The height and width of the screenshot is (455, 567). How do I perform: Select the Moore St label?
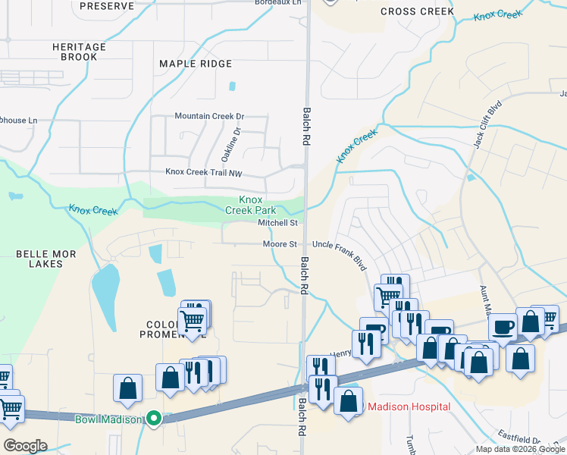pyautogui.click(x=280, y=244)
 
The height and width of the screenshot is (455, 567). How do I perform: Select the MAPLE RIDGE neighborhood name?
pyautogui.click(x=196, y=64)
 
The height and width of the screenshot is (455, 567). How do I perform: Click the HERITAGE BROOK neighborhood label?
pyautogui.click(x=74, y=52)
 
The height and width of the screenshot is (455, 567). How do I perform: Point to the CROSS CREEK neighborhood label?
pyautogui.click(x=417, y=11)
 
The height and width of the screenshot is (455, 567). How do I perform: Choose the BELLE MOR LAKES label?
pyautogui.click(x=46, y=260)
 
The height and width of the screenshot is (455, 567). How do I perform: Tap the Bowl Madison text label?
pyautogui.click(x=109, y=419)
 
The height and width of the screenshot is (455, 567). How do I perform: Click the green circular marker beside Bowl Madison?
pyautogui.click(x=154, y=418)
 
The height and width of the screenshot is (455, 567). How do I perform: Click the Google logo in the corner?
pyautogui.click(x=24, y=445)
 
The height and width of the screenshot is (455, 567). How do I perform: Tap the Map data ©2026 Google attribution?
pyautogui.click(x=519, y=449)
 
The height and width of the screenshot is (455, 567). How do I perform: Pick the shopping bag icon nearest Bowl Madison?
pyautogui.click(x=128, y=388)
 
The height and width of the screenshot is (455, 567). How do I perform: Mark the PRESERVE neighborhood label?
pyautogui.click(x=106, y=5)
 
